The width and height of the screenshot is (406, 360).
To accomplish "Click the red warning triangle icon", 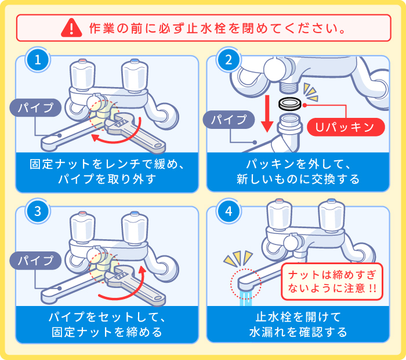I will pos(71,27).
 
